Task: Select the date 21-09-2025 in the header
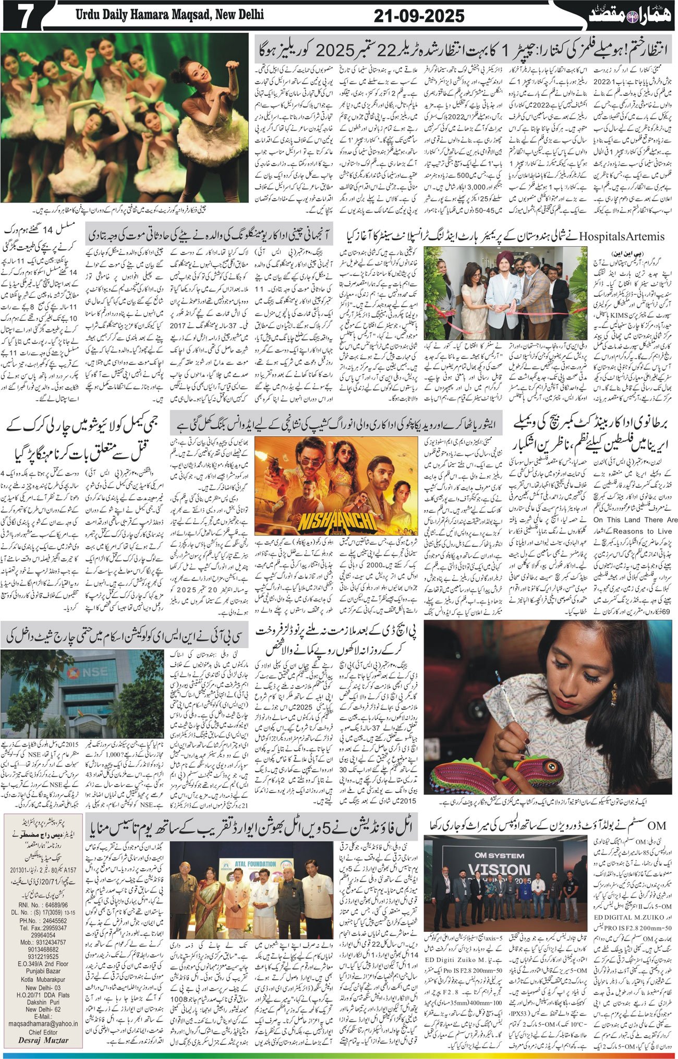419,16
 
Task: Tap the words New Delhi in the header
237,15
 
